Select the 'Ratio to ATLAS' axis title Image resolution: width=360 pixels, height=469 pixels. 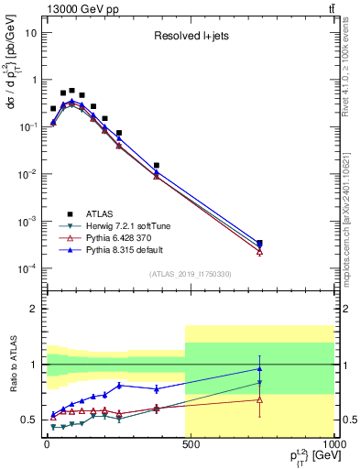11,384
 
